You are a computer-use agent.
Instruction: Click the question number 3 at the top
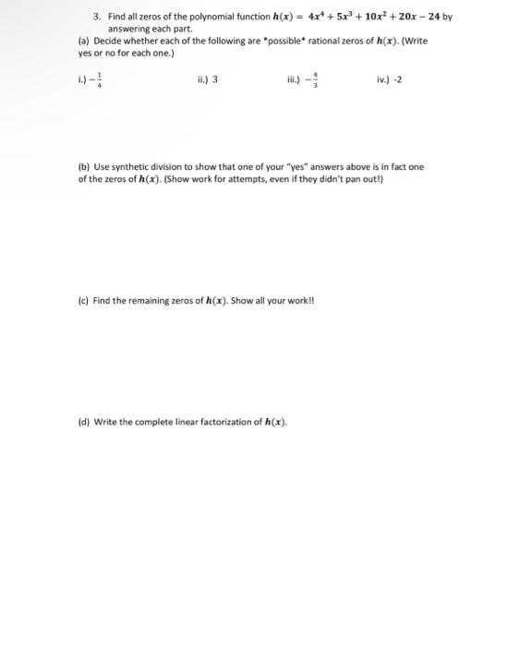pos(96,17)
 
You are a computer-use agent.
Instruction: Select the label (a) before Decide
pos(85,41)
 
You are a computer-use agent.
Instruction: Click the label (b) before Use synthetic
pos(85,167)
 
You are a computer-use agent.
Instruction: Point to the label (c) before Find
pos(84,300)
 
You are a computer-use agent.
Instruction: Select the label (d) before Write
pos(85,422)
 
